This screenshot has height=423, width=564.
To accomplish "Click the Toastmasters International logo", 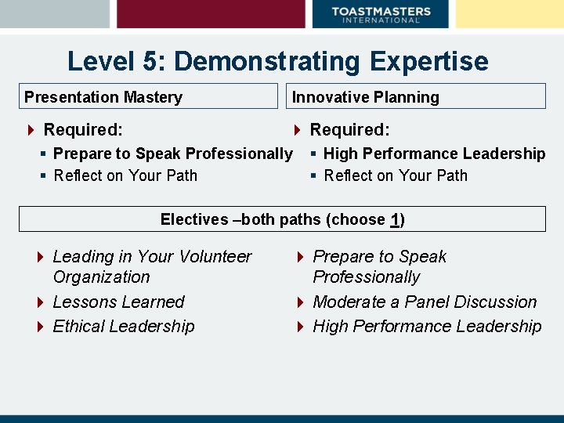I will (x=381, y=14).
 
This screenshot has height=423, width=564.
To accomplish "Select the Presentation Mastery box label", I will (x=103, y=97).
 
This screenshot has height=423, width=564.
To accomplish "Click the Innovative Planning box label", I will (x=365, y=97).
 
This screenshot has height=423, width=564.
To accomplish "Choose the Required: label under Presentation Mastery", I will (x=83, y=129).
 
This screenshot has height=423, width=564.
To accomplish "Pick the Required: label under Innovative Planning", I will (x=349, y=129).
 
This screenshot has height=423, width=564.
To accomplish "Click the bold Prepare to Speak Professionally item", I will (x=172, y=154).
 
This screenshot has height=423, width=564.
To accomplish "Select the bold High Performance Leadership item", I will (x=434, y=154).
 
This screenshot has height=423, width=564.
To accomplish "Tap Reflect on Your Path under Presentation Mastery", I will (x=125, y=175).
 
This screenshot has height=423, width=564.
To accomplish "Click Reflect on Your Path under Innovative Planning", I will (x=396, y=175).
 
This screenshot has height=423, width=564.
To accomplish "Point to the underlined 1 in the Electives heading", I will (x=396, y=219).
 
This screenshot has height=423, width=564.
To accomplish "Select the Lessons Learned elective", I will (x=118, y=302).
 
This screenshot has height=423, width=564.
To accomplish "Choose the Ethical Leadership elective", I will (x=123, y=326).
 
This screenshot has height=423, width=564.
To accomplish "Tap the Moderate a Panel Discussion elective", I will (x=425, y=302).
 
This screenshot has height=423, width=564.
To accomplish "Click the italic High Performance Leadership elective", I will (x=427, y=326).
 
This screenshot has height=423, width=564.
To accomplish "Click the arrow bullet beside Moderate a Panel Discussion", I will (x=301, y=302).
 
